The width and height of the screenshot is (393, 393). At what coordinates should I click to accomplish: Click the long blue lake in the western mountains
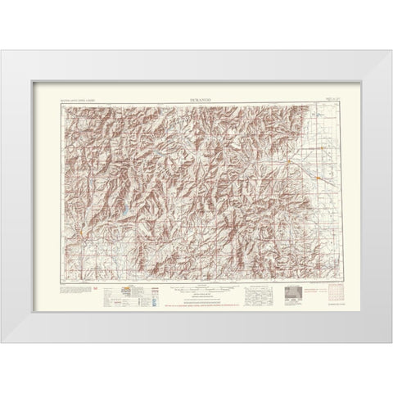pos(124,212)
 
